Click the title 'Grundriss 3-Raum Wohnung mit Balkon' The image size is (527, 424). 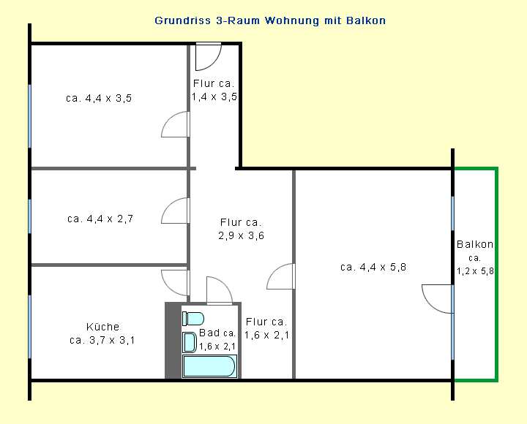pos(270,20)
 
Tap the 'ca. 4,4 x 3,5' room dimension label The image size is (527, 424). pos(99,99)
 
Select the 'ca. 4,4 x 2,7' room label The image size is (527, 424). pos(100,219)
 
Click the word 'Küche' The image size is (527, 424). pos(102,327)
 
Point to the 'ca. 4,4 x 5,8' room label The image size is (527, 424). pos(373,268)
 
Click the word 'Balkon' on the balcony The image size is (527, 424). pos(475,244)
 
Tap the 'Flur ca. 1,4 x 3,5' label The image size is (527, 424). pos(214,90)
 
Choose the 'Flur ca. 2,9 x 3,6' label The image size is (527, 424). pos(241,229)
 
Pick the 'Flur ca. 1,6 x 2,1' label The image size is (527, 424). pos(266,328)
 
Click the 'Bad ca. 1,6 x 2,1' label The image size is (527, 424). pos(217,339)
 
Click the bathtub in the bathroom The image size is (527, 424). pos(209,366)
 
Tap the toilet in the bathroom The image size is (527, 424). pos(193,319)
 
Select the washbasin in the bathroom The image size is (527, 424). pos(190,342)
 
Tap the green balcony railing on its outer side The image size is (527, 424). pos(496,274)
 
